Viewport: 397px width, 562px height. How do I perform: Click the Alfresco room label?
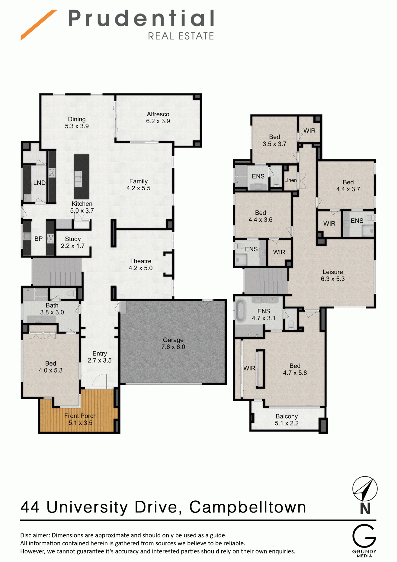point(158,118)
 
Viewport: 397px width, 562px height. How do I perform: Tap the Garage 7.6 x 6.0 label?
point(173,344)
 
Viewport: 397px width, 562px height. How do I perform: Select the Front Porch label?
point(80,419)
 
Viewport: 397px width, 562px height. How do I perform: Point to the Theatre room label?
point(141,265)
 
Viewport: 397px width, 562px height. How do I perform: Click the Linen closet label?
point(290,180)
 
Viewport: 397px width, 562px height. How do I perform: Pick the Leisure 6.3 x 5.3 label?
point(333,276)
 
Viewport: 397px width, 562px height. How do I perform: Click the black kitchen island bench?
point(82,177)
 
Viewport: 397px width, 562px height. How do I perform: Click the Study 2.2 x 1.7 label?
point(73,243)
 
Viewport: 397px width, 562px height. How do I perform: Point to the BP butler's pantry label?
point(38,239)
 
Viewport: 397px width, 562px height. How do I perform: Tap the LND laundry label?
point(40,183)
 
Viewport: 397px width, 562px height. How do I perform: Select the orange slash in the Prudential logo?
point(39,25)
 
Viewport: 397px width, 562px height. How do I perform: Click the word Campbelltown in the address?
point(248,507)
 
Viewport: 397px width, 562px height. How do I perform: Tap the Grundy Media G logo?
point(364,536)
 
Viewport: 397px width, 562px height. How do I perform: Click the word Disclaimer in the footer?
point(34,535)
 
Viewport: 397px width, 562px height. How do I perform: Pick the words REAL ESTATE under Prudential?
point(181,36)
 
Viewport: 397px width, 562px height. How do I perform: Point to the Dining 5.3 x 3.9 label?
point(77,123)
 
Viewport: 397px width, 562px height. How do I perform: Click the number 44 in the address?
point(30,507)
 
